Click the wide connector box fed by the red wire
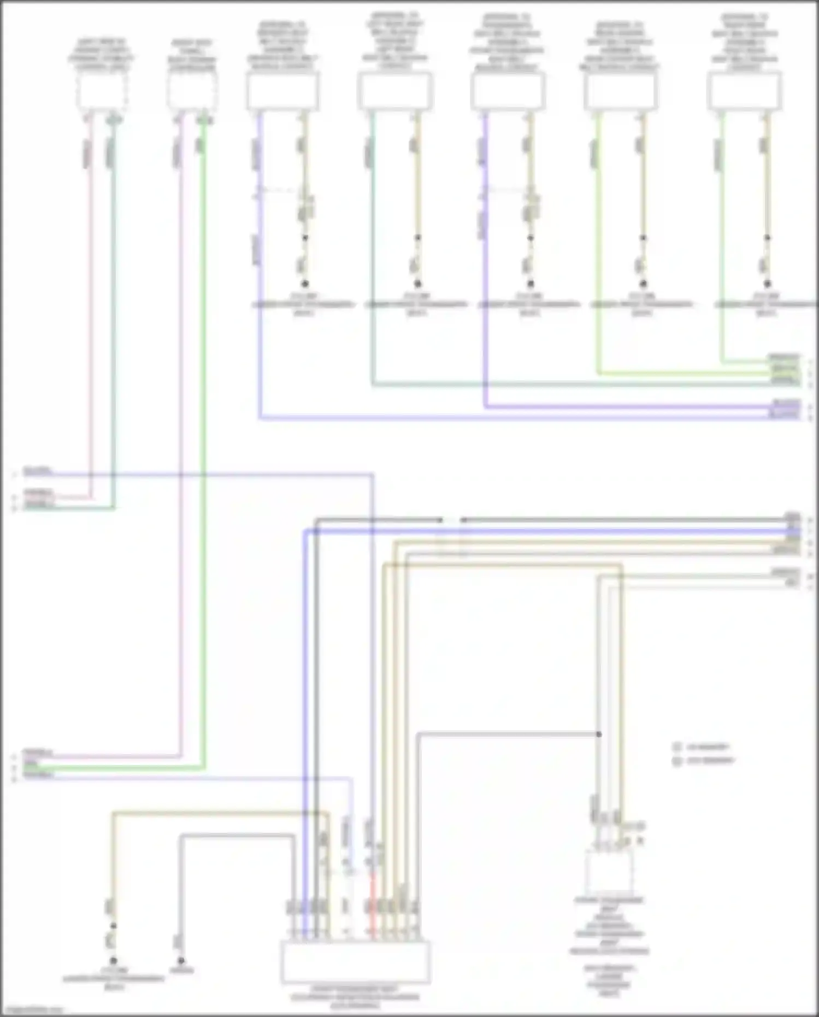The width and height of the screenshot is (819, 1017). pos(356,962)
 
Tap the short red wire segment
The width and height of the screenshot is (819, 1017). pos(374,904)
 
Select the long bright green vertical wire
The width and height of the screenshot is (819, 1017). pos(204,437)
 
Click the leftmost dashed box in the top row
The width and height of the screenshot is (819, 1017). pos(102,91)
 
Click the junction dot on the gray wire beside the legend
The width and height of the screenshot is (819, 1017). pos(599,734)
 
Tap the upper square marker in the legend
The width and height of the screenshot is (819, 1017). pos(677,747)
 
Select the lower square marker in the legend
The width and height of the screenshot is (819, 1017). pos(677,761)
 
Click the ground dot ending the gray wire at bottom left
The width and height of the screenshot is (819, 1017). pos(181,960)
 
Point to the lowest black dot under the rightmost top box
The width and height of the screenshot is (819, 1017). pos(767,284)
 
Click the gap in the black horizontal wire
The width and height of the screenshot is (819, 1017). pos(451,520)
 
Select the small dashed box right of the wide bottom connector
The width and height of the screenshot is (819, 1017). pos(610,872)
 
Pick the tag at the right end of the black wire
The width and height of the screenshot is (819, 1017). pos(792,516)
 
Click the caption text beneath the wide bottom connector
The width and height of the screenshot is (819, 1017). pos(355,997)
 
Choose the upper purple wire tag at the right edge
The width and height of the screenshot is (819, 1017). pos(786,404)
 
